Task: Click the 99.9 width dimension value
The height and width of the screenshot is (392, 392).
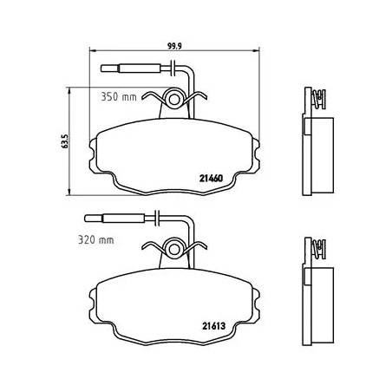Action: click(x=174, y=46)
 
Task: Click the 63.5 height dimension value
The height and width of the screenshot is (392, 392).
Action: click(x=64, y=141)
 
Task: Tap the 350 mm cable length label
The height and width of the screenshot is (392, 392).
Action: click(x=119, y=96)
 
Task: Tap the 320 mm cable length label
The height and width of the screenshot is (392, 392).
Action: click(x=96, y=239)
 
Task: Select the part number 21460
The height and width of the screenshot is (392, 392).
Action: click(x=211, y=179)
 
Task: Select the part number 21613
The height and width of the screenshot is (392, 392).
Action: click(x=213, y=326)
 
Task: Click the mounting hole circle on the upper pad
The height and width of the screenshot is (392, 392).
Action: click(x=174, y=99)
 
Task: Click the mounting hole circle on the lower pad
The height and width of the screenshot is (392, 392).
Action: click(x=174, y=249)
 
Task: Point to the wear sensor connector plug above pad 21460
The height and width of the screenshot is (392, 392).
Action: click(x=131, y=69)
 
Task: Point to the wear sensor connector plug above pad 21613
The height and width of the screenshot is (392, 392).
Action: click(x=114, y=218)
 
